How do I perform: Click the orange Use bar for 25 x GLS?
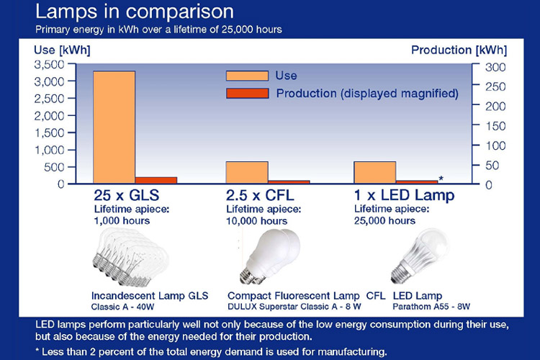(x=114, y=127)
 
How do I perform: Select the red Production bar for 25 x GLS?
(x=156, y=180)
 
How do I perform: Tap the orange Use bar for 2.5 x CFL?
(x=247, y=172)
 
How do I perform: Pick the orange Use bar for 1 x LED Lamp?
(x=375, y=172)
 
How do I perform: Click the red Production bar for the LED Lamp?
(x=417, y=182)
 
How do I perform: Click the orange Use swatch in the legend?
(x=247, y=76)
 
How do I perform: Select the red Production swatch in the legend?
(x=247, y=94)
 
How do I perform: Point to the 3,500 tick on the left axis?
(x=49, y=64)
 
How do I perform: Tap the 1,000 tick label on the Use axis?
(x=49, y=150)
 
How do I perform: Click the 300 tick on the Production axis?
(x=495, y=67)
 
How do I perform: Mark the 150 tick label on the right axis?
(x=495, y=126)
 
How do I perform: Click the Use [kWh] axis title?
(x=62, y=50)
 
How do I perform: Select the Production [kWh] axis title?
(x=459, y=50)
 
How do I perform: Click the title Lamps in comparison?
(x=135, y=12)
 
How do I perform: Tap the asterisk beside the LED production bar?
(x=441, y=178)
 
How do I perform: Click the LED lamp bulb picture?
(x=420, y=256)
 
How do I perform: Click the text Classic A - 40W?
(x=122, y=307)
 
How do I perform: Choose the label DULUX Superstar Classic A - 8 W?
(x=294, y=307)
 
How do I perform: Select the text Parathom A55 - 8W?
(x=431, y=307)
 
